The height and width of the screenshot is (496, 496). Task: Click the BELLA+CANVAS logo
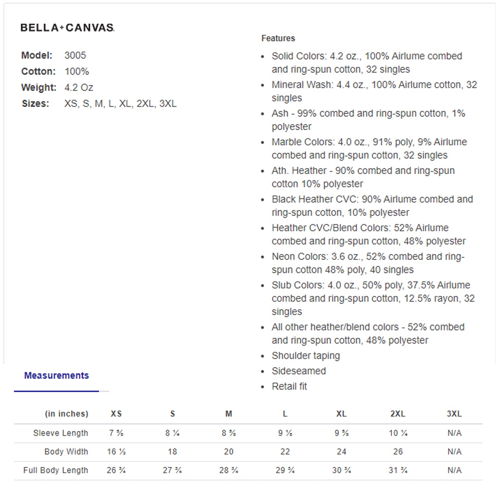point(67,27)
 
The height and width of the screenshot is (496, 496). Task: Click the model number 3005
point(75,55)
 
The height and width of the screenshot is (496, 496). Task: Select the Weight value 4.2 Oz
point(79,88)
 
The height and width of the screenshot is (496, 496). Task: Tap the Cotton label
point(38,71)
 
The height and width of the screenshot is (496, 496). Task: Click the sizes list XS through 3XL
point(120,104)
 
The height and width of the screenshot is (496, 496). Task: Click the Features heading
point(278,38)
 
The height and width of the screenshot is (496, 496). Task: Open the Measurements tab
point(56,376)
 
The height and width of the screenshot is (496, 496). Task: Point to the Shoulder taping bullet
point(305,356)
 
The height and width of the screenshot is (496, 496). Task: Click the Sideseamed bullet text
point(299,371)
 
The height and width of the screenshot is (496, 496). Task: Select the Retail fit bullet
point(289,387)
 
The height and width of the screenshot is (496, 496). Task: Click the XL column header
point(341,414)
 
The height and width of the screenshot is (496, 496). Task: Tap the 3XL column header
point(454,414)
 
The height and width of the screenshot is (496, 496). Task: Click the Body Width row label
point(66,452)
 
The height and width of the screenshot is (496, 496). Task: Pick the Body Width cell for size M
point(229,452)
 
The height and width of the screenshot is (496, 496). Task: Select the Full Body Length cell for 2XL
point(398,470)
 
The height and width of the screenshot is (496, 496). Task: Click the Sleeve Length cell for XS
point(116,433)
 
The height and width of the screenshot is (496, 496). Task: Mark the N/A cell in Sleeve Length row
point(454,433)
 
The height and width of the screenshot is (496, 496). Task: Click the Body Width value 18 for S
point(172,452)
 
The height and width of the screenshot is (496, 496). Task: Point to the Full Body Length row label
point(56,470)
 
